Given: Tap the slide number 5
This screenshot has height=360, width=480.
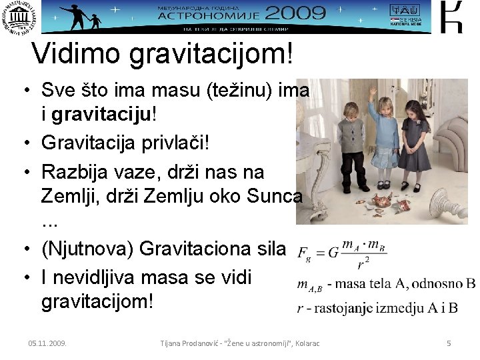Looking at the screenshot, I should [449, 343].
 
